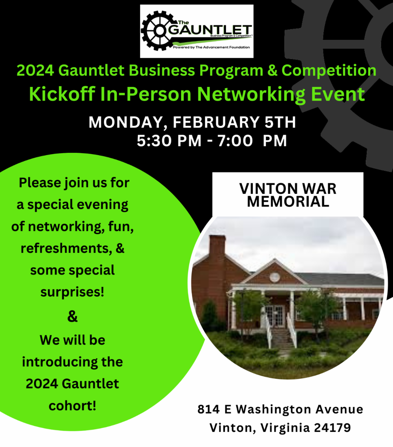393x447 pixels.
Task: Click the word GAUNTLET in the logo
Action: [x=210, y=30]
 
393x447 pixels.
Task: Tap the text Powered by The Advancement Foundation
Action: [x=211, y=47]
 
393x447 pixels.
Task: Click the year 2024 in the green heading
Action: [x=35, y=71]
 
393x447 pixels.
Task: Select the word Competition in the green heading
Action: [x=329, y=71]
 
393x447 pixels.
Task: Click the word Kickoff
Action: [x=62, y=94]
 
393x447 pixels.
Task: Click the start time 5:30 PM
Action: [x=169, y=141]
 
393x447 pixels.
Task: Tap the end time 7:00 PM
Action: [x=252, y=141]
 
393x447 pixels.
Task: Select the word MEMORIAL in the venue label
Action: [x=288, y=201]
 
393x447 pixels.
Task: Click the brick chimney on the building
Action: [x=217, y=249]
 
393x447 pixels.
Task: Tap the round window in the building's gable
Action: [x=274, y=277]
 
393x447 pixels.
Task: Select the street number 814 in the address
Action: [x=208, y=409]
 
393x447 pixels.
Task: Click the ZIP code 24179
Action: [x=332, y=428]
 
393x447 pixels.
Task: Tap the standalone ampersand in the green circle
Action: [x=72, y=316]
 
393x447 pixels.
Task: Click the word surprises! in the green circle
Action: [x=72, y=292]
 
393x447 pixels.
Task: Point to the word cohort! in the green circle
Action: [x=72, y=406]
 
